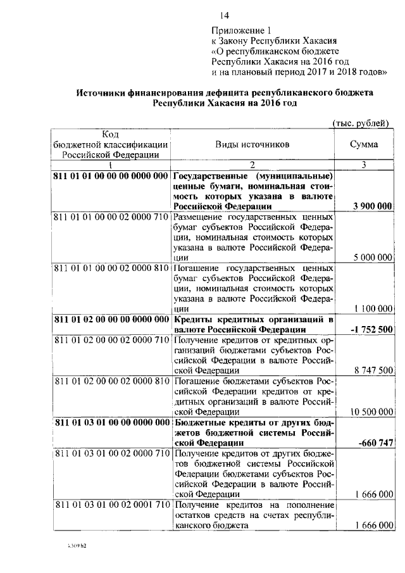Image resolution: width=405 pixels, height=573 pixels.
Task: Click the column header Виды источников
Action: point(252,144)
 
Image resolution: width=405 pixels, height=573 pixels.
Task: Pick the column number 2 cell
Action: point(252,165)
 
